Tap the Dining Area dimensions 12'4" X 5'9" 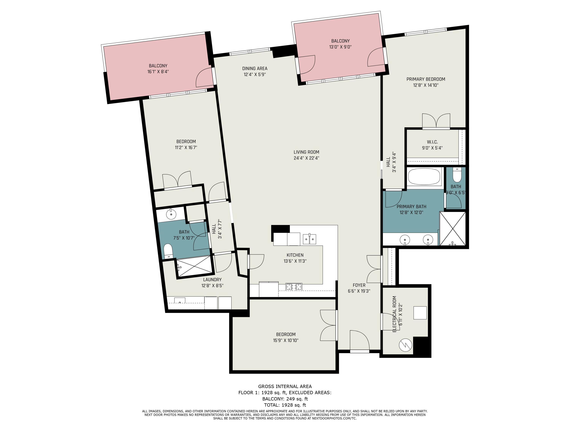coord(255,75)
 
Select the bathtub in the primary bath coord(424,177)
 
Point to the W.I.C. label coord(432,142)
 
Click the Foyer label coord(359,285)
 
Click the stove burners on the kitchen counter coord(294,286)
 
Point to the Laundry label coord(212,279)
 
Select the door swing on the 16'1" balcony coord(204,77)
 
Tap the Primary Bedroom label coord(426,79)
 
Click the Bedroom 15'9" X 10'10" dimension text coord(286,340)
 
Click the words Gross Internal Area coord(285,387)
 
